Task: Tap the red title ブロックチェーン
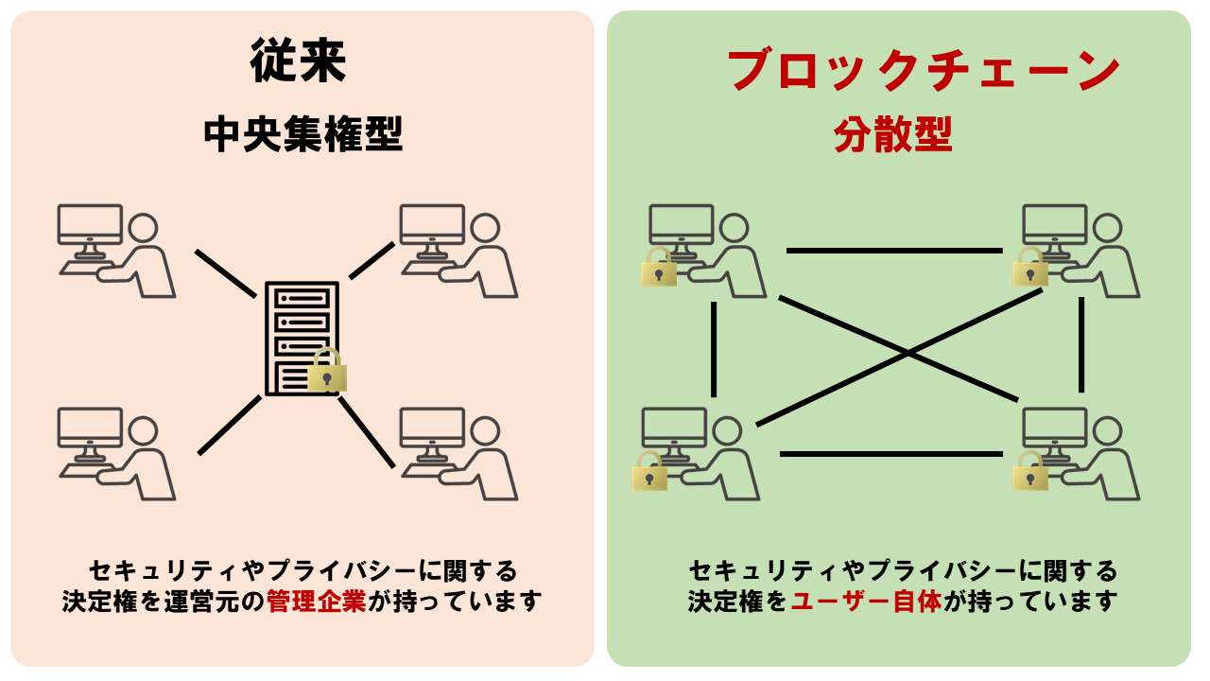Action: click(924, 70)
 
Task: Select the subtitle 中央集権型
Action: click(302, 135)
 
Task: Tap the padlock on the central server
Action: click(327, 371)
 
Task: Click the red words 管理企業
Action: click(317, 602)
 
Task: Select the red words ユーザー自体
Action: click(866, 602)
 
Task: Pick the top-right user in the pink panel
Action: click(458, 251)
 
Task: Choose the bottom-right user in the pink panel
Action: click(458, 453)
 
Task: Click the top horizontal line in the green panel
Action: click(893, 251)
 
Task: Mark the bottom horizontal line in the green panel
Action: click(890, 454)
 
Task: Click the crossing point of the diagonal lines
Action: click(908, 354)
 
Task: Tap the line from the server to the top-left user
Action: click(225, 272)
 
